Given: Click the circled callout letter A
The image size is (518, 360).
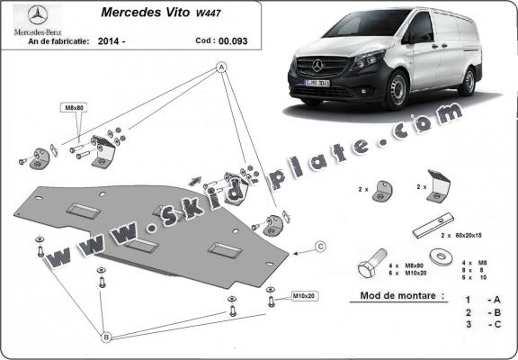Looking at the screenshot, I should click(221, 67).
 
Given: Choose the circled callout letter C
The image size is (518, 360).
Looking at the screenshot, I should click(319, 245).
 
